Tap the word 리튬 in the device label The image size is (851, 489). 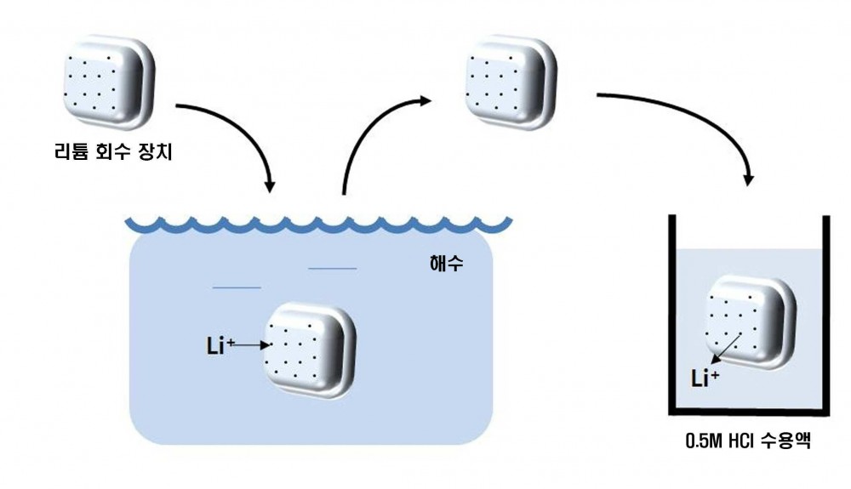click(x=71, y=151)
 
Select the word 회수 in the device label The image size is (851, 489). click(x=112, y=151)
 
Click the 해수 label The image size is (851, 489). click(x=446, y=264)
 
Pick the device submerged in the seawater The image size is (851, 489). click(x=310, y=350)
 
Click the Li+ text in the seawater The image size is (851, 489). click(x=220, y=345)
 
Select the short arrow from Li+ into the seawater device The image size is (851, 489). click(x=253, y=344)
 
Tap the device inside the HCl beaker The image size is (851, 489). click(x=751, y=323)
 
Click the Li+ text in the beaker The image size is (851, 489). click(x=705, y=378)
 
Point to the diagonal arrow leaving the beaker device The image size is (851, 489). click(x=726, y=349)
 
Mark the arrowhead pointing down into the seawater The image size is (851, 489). click(x=270, y=186)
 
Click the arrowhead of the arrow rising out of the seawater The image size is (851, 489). click(x=425, y=100)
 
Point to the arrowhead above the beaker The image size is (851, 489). click(x=749, y=179)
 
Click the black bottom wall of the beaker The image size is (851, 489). click(x=749, y=411)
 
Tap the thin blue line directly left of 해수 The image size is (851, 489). click(x=332, y=268)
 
